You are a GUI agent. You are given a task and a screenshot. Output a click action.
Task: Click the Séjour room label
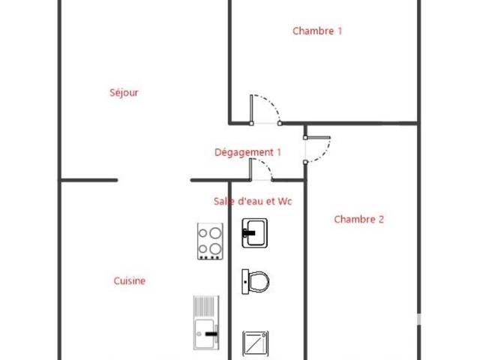tap(124, 92)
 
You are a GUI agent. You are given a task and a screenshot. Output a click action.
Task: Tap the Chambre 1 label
tap(317, 31)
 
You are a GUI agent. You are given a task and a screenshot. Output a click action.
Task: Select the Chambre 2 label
tap(358, 219)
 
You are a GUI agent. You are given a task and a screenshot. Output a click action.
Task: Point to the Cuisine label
tap(130, 280)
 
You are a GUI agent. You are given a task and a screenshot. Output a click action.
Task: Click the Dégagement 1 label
tap(247, 152)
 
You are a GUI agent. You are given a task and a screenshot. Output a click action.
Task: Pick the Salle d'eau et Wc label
tap(253, 201)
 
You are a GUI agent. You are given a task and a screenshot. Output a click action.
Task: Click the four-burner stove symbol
tap(210, 241)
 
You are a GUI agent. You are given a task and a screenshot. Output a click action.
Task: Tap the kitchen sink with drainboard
tap(206, 322)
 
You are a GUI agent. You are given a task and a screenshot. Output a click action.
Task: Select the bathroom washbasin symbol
tap(255, 233)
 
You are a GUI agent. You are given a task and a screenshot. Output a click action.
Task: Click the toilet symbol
tap(256, 282)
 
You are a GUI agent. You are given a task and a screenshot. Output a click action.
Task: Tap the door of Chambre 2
tap(317, 150)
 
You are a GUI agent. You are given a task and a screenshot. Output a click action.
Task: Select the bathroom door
tap(261, 169)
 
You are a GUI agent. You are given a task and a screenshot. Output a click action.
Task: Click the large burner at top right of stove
tap(215, 233)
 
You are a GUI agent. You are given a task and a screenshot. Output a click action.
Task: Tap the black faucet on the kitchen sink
tap(211, 333)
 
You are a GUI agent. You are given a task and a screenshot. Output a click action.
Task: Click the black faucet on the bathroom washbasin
tap(248, 233)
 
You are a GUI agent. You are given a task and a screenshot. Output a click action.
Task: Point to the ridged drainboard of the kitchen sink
tap(206, 307)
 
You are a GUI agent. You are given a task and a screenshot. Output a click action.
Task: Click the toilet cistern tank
tap(245, 282)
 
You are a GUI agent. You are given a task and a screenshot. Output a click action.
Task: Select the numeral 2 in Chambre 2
tap(381, 219)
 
